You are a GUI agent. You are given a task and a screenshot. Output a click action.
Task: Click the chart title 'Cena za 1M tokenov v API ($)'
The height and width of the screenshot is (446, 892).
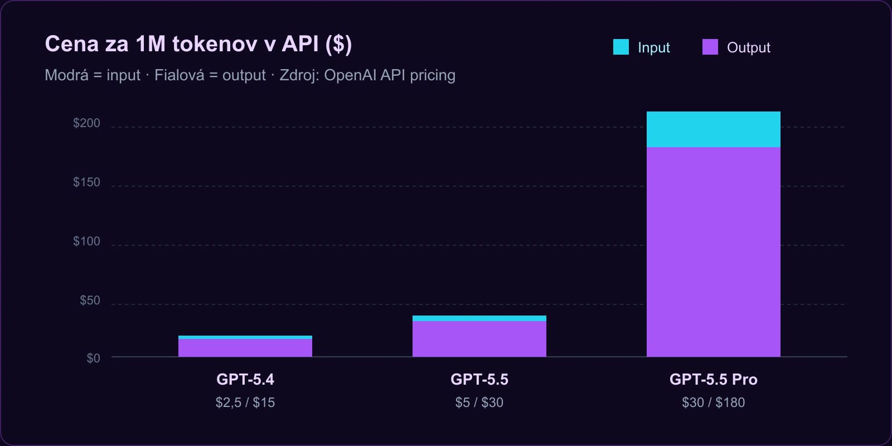(198, 44)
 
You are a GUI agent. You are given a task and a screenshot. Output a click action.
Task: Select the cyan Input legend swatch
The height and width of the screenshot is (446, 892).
(620, 47)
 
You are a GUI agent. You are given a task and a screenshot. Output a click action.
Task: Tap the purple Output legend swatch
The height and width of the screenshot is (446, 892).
(710, 47)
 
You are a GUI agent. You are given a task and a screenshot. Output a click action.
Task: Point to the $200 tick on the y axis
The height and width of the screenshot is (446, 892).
(86, 123)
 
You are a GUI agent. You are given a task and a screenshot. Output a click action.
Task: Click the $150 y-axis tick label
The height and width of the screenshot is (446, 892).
(86, 182)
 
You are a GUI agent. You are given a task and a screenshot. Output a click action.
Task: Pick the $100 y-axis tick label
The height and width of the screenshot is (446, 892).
(86, 241)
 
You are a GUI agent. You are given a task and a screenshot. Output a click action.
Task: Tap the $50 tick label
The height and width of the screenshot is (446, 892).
(90, 300)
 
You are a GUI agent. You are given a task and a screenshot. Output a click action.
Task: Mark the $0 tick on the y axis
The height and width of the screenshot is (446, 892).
(93, 358)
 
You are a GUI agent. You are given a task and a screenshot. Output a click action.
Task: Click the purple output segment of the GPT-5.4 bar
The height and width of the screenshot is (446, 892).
(245, 348)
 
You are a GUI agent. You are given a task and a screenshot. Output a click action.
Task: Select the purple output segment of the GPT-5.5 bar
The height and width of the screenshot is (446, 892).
(479, 339)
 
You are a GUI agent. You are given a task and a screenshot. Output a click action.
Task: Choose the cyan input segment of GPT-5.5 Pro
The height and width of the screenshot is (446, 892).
(714, 129)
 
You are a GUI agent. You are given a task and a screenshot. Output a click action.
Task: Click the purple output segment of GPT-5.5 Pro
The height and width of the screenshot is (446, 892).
(714, 251)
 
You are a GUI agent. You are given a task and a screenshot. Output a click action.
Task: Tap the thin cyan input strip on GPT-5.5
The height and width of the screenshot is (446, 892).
(479, 318)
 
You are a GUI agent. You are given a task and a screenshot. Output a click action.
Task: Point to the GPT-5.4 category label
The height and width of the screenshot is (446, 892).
(245, 380)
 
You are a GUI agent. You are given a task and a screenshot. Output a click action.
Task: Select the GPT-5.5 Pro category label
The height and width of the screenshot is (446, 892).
(713, 380)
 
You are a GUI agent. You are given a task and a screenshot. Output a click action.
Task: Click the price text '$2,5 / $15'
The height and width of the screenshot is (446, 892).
(245, 403)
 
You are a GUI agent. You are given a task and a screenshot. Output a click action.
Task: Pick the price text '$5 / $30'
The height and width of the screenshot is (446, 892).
(479, 403)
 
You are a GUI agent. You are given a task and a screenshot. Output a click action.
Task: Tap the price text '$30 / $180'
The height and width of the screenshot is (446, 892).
(713, 403)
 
